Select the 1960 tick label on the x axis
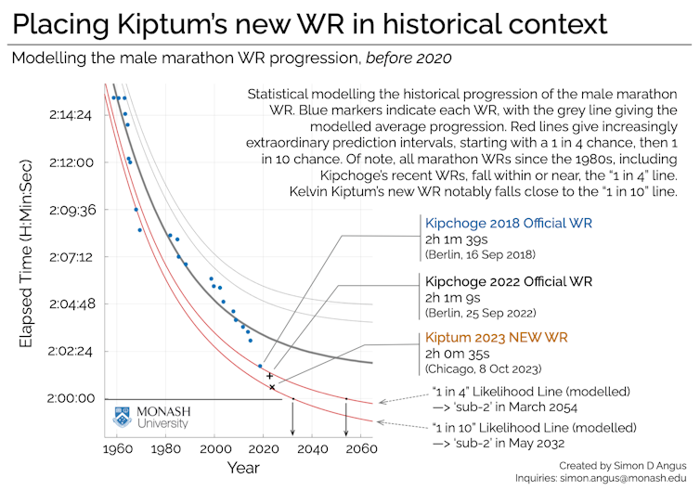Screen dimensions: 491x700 coord(116,449)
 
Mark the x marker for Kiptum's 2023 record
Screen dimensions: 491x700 coord(272,386)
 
